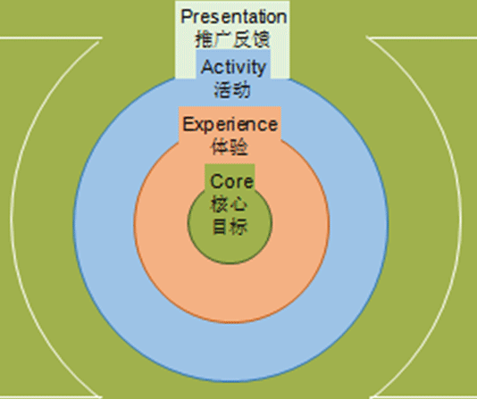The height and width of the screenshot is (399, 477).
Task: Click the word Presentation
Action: click(x=234, y=16)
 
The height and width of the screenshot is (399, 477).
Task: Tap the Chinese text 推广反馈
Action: click(x=232, y=39)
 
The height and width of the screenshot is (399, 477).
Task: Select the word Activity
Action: click(x=233, y=68)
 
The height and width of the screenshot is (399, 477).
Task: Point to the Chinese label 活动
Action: click(x=232, y=89)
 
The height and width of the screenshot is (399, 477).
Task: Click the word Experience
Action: click(x=230, y=125)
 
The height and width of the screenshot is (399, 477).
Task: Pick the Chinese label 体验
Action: click(x=229, y=146)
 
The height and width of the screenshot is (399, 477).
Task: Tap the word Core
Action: click(x=231, y=181)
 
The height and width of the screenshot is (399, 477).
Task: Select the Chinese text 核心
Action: click(x=229, y=204)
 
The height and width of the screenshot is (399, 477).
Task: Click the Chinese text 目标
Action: click(x=230, y=227)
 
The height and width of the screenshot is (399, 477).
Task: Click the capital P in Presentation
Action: click(x=188, y=16)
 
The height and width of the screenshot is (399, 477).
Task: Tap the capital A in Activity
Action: click(x=207, y=67)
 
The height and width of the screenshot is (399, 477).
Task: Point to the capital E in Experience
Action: click(x=188, y=124)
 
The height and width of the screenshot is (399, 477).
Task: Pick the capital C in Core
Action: click(x=217, y=181)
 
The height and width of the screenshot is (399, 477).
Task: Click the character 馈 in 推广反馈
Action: click(x=261, y=39)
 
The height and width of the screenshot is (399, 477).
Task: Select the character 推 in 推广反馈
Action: click(x=204, y=39)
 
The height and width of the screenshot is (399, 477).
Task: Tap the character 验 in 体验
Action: click(x=238, y=146)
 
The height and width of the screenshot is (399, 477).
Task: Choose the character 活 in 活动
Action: click(x=223, y=89)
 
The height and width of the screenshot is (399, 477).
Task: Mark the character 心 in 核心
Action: click(x=238, y=204)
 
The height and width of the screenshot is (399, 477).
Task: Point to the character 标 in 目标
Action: click(x=238, y=227)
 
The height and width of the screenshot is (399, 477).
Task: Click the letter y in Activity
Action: click(x=262, y=70)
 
